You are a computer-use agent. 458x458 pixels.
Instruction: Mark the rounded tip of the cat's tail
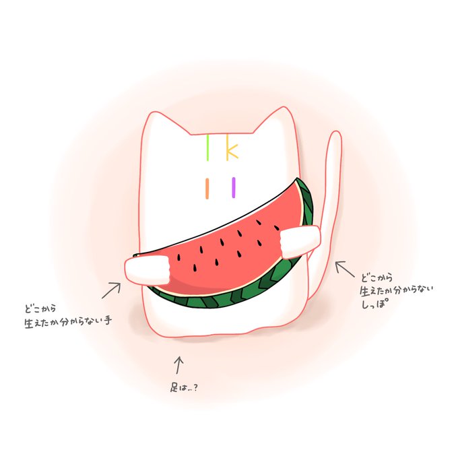[x=335, y=136]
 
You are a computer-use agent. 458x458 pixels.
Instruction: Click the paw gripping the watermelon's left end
[x=145, y=270]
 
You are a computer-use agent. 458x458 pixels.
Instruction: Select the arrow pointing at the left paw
[x=111, y=290]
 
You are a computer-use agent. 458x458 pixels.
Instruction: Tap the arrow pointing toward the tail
[x=346, y=271]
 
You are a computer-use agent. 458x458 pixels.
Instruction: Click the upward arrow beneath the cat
[x=178, y=364]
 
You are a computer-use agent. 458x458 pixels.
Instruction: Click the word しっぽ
[x=377, y=303]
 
